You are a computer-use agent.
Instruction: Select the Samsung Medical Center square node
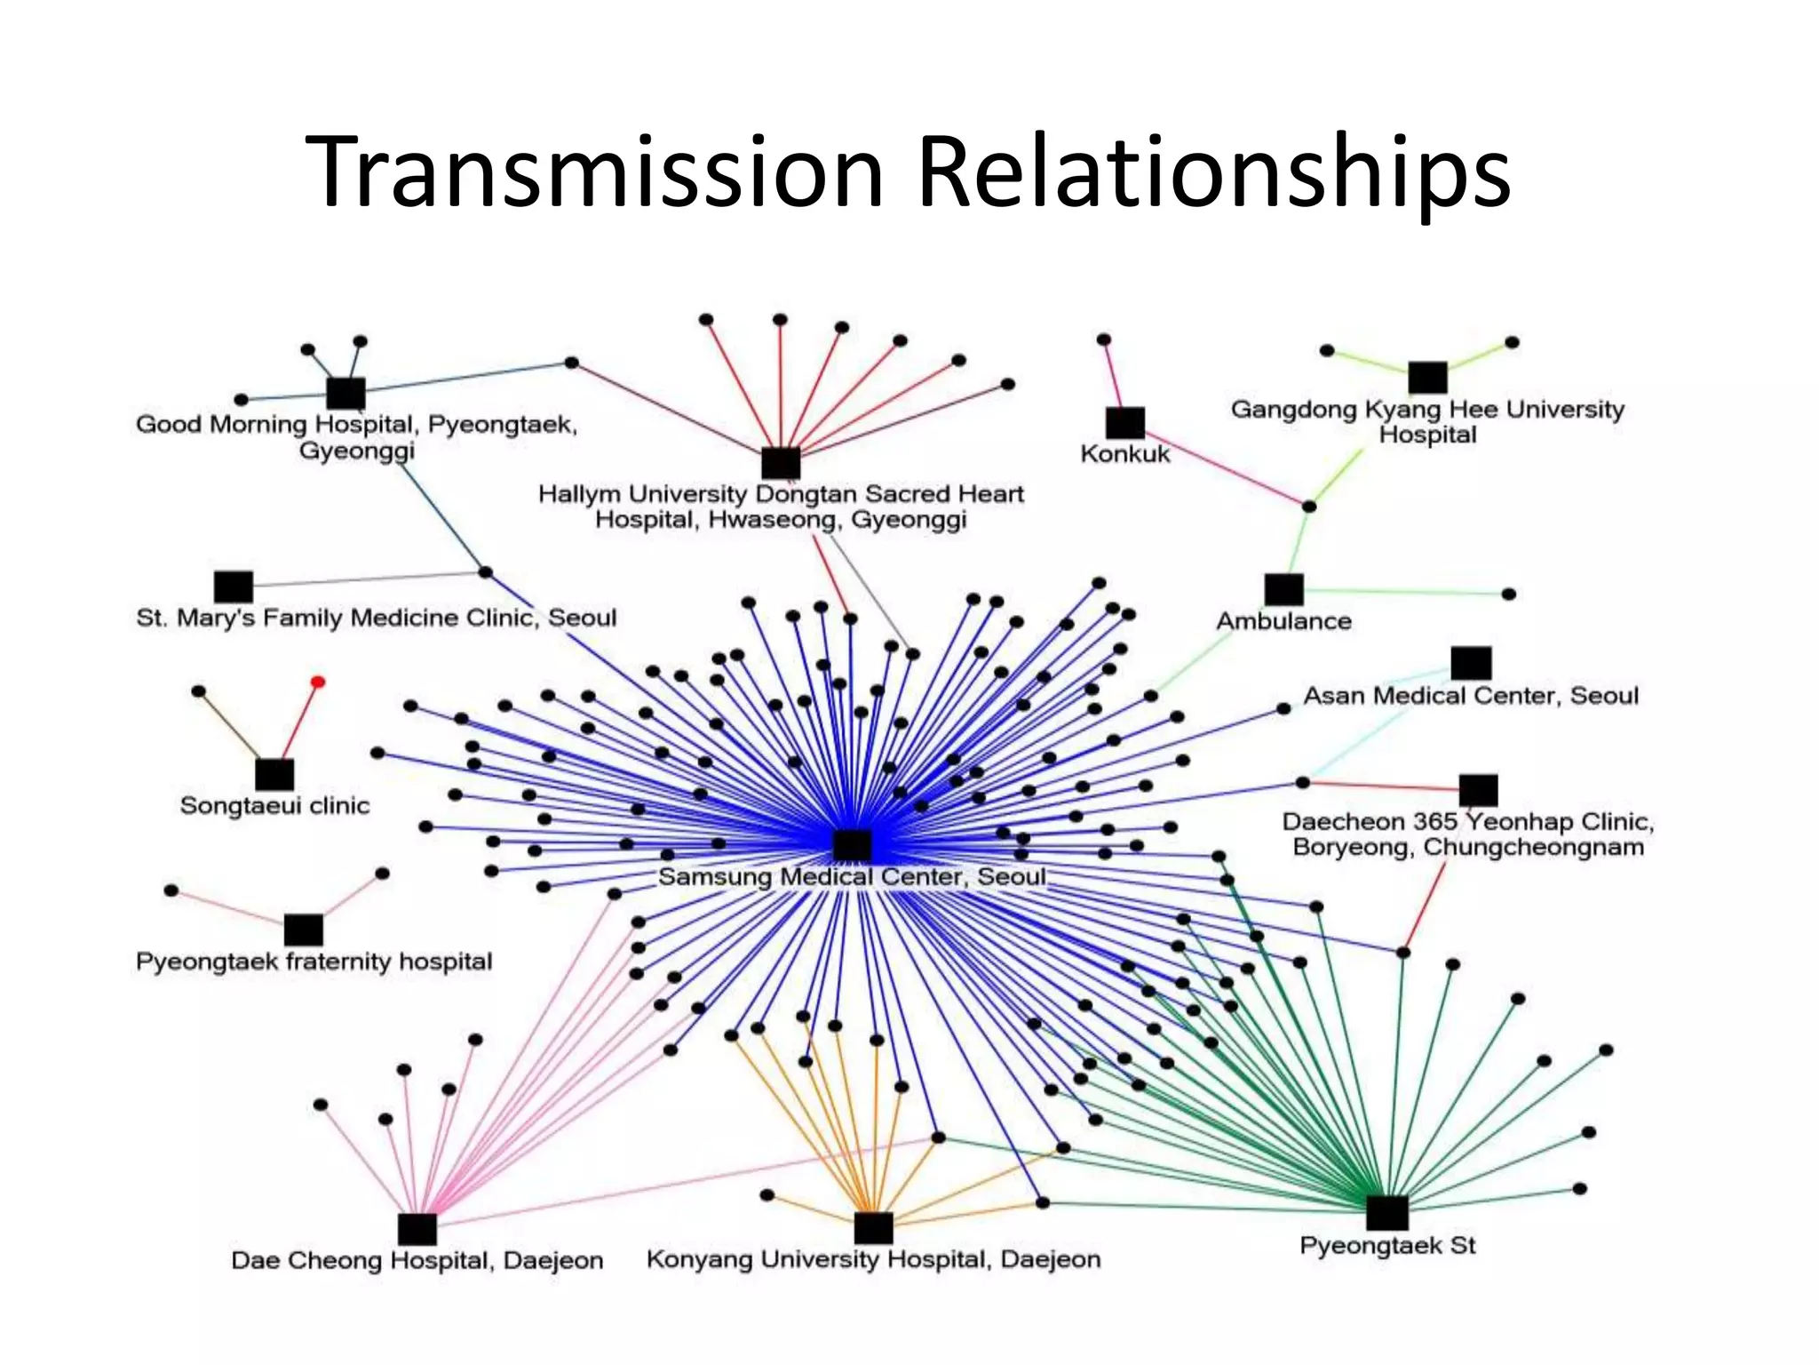[852, 844]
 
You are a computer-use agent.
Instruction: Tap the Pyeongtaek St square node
[1386, 1213]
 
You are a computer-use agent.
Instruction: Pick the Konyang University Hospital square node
[873, 1228]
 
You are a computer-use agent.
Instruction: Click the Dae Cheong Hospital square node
[417, 1229]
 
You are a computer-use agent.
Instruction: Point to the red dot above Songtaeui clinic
[318, 682]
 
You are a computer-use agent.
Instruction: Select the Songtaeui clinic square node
[274, 774]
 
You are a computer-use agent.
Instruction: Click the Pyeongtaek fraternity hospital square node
[303, 930]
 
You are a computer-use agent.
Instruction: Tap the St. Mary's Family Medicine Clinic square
[234, 587]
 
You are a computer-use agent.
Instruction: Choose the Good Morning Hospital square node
[346, 393]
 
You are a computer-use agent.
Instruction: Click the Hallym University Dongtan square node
[781, 463]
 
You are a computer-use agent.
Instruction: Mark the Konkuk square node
[1124, 423]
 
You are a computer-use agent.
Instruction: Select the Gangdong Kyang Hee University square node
[1427, 378]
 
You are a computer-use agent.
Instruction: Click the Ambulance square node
[1283, 589]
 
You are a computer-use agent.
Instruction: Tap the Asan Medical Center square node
[1471, 663]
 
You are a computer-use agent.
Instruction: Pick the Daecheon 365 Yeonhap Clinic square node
[1478, 790]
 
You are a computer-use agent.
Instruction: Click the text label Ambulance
[1283, 621]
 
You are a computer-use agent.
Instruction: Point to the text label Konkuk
[1125, 454]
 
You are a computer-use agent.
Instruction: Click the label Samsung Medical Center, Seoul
[852, 877]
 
